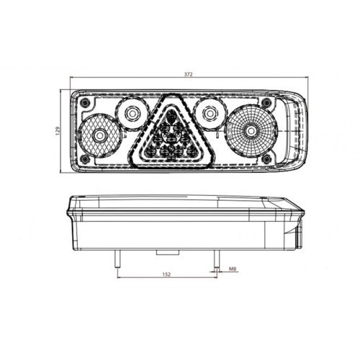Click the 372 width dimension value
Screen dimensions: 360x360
click(x=189, y=74)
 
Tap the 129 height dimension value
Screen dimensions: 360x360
click(x=58, y=131)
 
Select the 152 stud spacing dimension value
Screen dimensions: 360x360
click(x=166, y=274)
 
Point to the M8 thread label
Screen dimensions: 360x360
click(x=233, y=269)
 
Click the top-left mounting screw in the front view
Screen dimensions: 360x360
click(x=84, y=103)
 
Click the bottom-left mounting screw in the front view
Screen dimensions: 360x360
click(x=84, y=158)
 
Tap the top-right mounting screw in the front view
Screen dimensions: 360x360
click(x=266, y=103)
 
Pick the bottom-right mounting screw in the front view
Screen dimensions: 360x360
click(x=266, y=158)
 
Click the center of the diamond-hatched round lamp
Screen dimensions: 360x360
click(x=99, y=136)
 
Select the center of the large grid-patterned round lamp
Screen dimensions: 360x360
click(x=251, y=131)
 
